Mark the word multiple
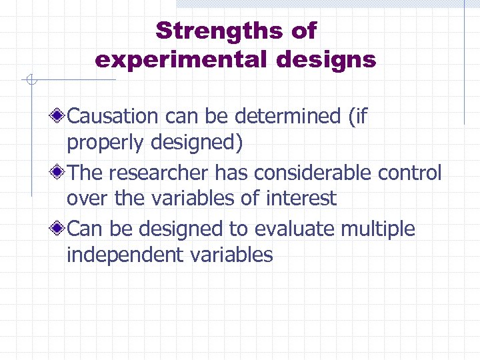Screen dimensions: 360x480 click(378, 229)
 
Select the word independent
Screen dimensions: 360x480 click(124, 255)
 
